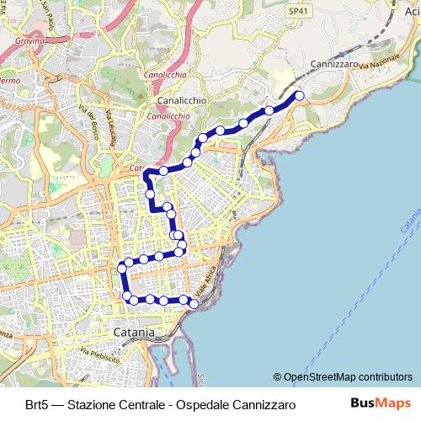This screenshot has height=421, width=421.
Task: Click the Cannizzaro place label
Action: coord(335,64)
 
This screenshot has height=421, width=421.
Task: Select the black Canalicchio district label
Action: coord(181,99)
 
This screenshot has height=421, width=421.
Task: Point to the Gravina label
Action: coord(29,40)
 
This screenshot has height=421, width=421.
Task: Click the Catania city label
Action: coord(133,333)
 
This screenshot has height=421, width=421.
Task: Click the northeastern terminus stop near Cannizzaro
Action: coord(299,96)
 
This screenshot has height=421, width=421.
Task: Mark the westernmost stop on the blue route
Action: coord(122,267)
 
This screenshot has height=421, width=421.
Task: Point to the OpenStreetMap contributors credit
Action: coord(344,377)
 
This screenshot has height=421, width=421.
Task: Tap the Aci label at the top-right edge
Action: coord(412,12)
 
